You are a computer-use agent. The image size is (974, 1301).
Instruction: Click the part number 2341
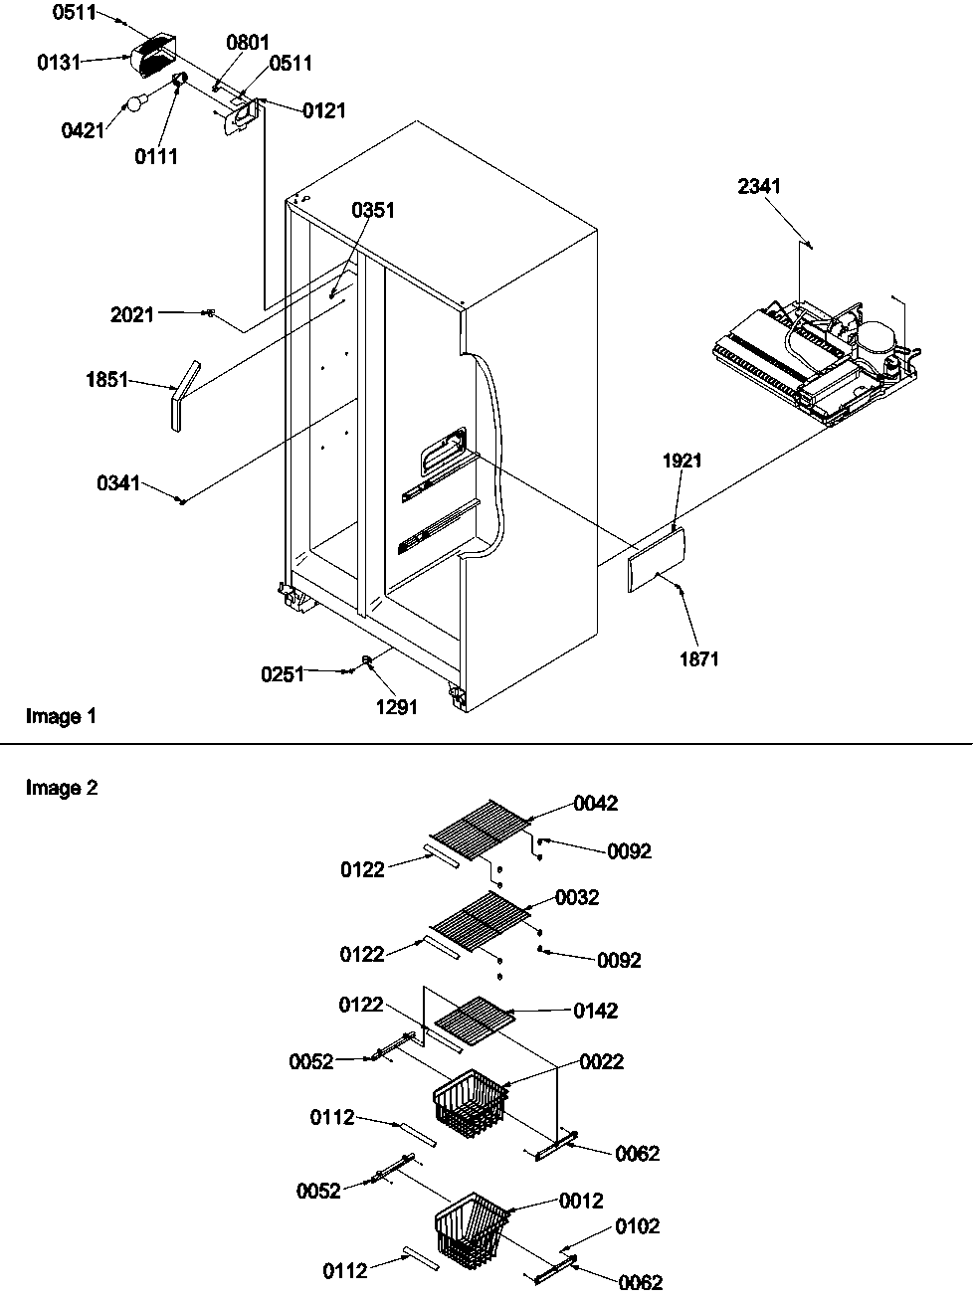point(759,186)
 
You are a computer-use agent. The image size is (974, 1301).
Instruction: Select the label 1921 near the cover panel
point(682,461)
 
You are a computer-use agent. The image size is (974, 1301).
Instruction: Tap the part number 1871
point(698,658)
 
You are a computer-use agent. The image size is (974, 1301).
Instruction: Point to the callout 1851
point(106,379)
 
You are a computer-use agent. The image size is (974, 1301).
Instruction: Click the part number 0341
point(118,483)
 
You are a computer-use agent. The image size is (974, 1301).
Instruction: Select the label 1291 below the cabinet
point(396,707)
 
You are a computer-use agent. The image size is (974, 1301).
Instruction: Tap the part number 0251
point(283,674)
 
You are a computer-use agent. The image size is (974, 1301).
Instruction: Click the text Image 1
point(61,716)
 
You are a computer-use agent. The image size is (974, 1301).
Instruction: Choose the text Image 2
point(62,789)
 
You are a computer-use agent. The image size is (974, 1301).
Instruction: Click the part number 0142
point(595,1011)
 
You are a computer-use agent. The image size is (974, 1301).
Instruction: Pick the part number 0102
point(637,1226)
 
